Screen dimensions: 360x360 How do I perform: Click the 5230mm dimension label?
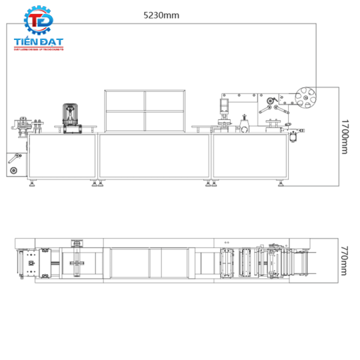pos(163,14)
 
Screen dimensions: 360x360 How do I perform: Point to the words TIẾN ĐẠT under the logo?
pos(38,41)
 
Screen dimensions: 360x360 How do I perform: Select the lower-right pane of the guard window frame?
pos(163,120)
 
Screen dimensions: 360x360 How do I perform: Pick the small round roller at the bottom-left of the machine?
pos(12,171)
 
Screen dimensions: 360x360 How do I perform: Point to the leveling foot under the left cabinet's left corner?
pos(31,184)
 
